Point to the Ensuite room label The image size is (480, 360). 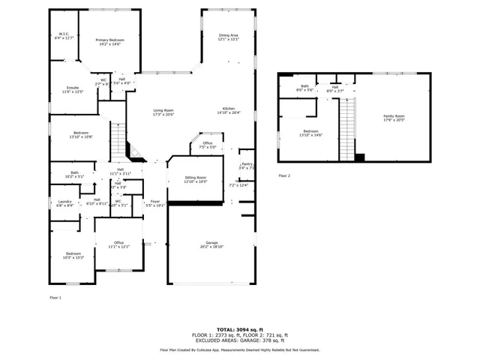tap(72, 89)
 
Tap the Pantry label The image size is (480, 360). tap(247, 165)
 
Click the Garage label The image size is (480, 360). tap(212, 244)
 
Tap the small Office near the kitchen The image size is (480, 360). tap(208, 145)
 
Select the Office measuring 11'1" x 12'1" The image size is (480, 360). tap(118, 244)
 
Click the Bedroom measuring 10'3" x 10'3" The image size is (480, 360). tap(72, 255)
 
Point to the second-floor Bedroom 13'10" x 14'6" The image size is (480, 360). tap(310, 133)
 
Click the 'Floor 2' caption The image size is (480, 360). tap(283, 175)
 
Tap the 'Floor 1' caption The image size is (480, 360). tap(55, 298)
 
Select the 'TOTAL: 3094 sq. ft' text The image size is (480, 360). tap(239, 329)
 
